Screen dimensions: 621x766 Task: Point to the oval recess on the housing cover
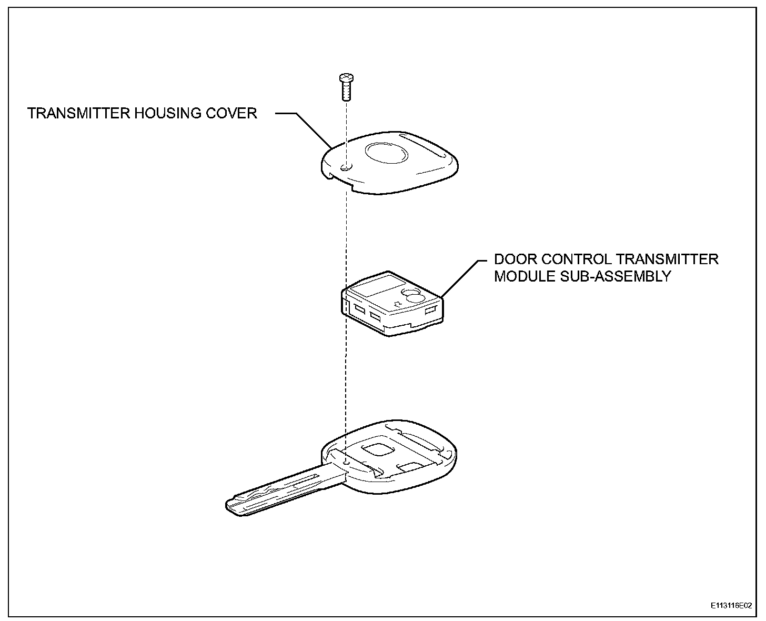pos(387,154)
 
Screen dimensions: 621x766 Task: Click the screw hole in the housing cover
pos(345,168)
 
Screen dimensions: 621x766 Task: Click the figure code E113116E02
pos(731,606)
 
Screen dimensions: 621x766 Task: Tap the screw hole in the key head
pos(345,462)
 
